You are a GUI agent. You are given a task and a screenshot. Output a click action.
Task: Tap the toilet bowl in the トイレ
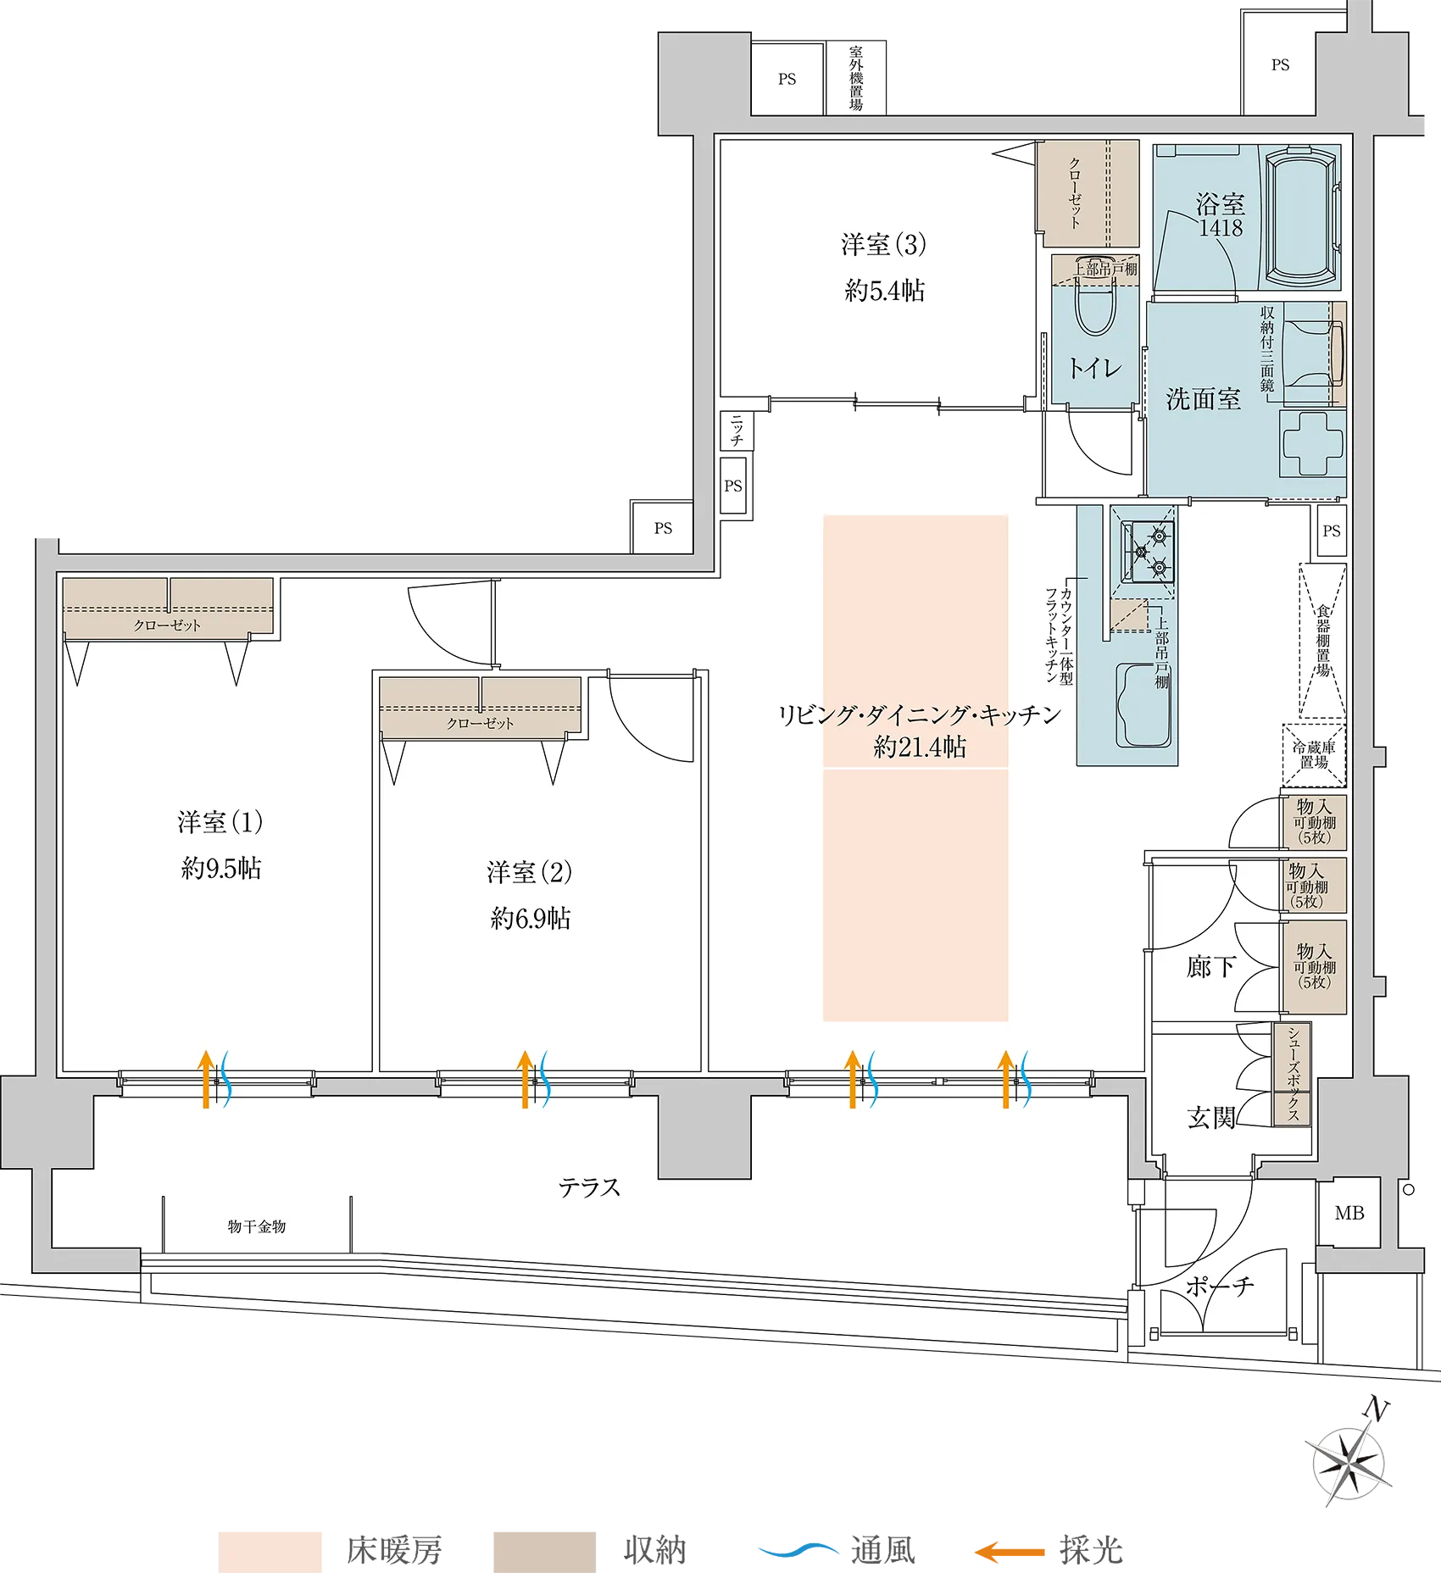[1094, 298]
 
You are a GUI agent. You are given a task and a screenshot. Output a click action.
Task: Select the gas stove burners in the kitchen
[1149, 552]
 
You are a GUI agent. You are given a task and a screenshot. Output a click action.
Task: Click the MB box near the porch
[1349, 1213]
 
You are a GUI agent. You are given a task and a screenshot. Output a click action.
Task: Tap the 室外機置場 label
[856, 79]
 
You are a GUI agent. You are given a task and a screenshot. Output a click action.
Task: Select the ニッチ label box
[737, 431]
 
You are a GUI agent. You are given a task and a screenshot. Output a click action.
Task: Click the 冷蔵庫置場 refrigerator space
[1314, 754]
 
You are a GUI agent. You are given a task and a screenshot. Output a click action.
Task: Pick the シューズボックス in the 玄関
[1293, 1074]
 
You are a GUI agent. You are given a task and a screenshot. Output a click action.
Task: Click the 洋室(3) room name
[883, 245]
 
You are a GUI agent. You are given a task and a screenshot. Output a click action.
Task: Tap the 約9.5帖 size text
[221, 869]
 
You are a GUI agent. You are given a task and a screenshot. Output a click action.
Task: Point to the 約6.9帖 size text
[531, 919]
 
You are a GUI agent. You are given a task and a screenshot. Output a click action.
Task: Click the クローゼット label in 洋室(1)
[167, 625]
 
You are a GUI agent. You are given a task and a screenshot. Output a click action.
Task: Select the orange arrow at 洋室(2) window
[526, 1079]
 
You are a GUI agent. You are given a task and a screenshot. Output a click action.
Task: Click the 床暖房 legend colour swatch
[270, 1552]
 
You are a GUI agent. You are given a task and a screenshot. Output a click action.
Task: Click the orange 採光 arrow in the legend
[1009, 1552]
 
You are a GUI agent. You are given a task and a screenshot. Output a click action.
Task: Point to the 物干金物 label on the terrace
[257, 1226]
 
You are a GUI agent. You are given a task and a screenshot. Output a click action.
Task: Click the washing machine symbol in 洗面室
[1313, 443]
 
